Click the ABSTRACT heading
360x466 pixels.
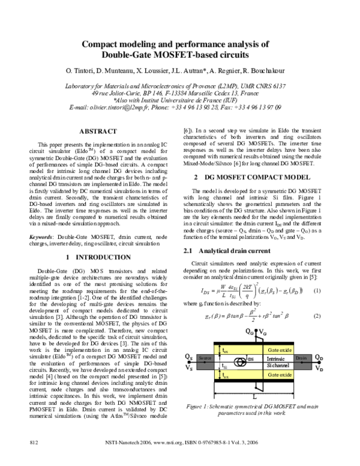(x=99, y=131)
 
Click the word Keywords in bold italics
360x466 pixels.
(x=43, y=255)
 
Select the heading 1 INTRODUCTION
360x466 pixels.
(x=99, y=274)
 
